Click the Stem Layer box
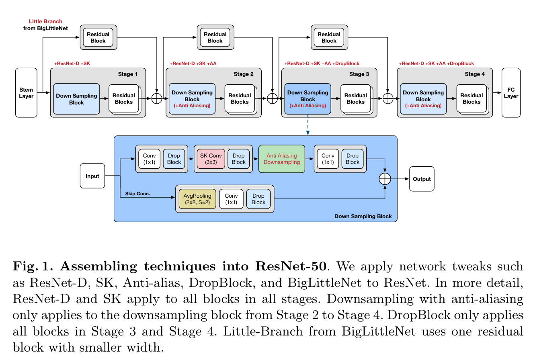point(26,93)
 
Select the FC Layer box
point(511,93)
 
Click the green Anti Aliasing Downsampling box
point(281,159)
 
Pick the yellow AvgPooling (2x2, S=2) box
point(197,199)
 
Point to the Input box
point(92,176)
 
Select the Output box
point(422,179)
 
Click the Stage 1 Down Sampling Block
point(76,99)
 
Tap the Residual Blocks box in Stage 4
point(471,98)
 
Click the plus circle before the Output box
point(385,179)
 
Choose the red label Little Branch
point(45,21)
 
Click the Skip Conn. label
point(137,194)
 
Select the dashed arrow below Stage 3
point(307,125)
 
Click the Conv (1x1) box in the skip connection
point(231,199)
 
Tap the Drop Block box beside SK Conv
point(238,159)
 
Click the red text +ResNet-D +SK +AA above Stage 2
point(193,63)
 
